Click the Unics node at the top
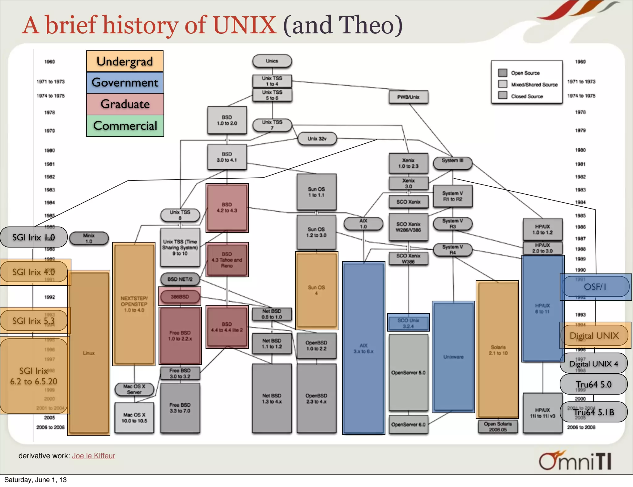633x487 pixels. (x=272, y=61)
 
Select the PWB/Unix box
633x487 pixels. (x=408, y=97)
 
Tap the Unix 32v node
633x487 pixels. (x=317, y=139)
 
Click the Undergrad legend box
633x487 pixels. (x=125, y=61)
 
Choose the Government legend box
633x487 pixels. (x=125, y=83)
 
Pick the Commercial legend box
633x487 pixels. (x=125, y=126)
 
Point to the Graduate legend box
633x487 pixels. (x=125, y=104)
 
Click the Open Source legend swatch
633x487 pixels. (x=503, y=73)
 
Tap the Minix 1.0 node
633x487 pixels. (x=89, y=238)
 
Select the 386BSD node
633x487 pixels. (x=180, y=297)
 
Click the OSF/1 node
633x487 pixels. (x=595, y=287)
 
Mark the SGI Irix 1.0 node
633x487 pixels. (x=33, y=237)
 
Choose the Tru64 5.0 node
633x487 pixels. (x=593, y=384)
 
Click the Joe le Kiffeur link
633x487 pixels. (x=94, y=456)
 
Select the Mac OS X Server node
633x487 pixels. (x=134, y=389)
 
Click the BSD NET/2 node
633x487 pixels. (x=180, y=279)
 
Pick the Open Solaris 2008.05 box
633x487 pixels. (x=498, y=427)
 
